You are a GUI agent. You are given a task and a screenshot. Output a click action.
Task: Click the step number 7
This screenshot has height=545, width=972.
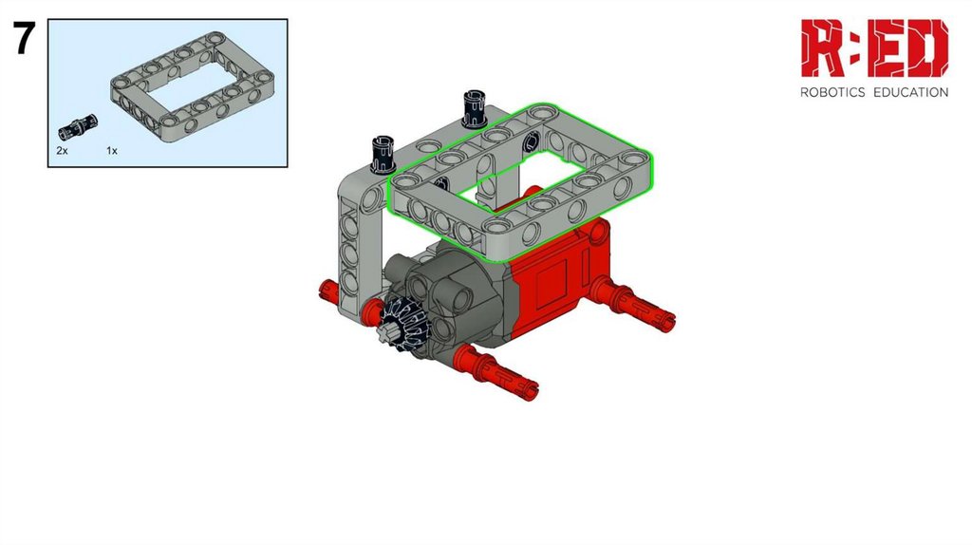point(24,38)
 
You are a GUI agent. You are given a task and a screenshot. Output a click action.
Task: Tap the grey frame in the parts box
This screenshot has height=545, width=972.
point(192,86)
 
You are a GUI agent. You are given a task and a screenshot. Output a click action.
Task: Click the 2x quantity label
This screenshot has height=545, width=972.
point(62,151)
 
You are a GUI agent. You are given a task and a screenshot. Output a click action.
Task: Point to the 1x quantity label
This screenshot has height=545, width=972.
point(112,151)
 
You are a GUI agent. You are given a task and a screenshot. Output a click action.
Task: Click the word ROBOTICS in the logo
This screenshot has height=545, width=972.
point(832,92)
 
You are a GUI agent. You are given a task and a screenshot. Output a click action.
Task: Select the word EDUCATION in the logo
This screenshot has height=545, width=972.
point(910,92)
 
